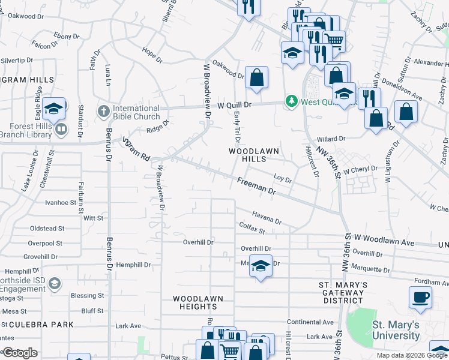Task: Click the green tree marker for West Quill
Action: [292, 101]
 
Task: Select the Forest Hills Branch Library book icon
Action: [60, 130]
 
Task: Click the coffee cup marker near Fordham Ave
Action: [420, 297]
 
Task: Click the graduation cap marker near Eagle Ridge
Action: [54, 109]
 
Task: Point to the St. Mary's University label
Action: [396, 329]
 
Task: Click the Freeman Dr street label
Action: [255, 185]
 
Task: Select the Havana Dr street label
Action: [267, 217]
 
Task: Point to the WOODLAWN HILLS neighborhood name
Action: [246, 155]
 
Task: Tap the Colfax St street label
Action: [252, 229]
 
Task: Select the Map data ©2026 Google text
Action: [411, 355]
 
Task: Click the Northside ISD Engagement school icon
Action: [54, 283]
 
